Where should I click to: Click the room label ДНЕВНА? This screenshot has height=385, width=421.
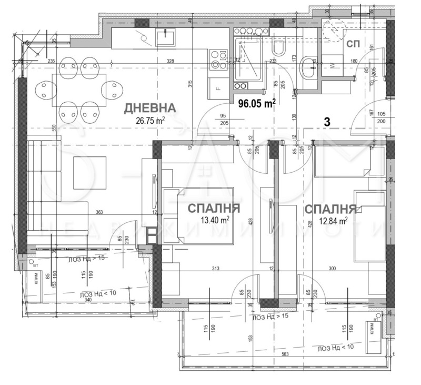click(149, 109)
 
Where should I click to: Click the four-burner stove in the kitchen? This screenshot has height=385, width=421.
click(217, 60)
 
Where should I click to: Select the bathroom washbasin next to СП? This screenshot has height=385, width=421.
click(308, 67)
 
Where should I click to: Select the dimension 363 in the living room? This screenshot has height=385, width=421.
click(99, 212)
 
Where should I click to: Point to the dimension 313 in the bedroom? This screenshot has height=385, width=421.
click(215, 269)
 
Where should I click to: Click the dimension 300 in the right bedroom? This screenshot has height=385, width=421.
click(333, 269)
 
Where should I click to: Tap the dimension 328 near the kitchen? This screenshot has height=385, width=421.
click(170, 62)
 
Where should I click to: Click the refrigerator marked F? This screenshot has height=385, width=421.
click(217, 87)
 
